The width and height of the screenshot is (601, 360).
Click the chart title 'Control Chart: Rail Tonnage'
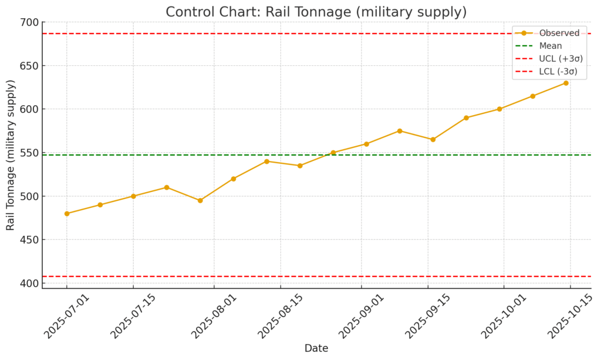(316, 12)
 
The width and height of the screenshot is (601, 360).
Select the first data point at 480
(67, 214)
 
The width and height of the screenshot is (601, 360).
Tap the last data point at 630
(566, 83)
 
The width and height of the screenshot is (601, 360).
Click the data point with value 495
(200, 200)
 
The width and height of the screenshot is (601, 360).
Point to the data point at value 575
(400, 131)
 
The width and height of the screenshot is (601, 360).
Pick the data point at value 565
(433, 140)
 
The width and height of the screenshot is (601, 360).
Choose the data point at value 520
(234, 179)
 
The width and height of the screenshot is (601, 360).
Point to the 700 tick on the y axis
(31, 23)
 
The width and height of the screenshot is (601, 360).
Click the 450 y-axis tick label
(31, 240)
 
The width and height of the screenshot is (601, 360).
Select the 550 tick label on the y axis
(31, 153)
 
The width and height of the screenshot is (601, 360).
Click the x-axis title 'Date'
(316, 348)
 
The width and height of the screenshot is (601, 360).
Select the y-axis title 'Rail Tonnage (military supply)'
(11, 155)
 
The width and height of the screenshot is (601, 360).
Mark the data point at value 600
(499, 109)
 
